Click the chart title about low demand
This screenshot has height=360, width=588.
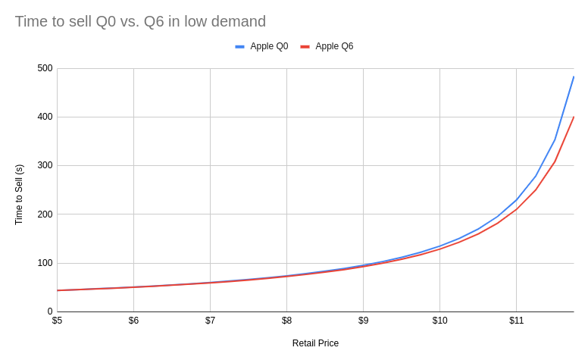140,21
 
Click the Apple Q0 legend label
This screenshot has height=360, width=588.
269,46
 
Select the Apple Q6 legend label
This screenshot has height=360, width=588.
334,46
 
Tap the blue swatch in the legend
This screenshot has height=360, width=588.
239,46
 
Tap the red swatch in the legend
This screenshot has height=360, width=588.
305,46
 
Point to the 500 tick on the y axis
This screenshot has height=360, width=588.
45,68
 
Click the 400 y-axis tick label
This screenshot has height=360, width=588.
45,117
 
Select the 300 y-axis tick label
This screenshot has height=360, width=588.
45,165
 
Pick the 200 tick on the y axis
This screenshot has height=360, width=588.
45,214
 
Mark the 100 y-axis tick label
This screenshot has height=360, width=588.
45,263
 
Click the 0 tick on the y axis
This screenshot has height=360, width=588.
50,311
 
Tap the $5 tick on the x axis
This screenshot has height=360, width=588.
57,321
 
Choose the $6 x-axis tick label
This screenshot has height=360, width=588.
133,321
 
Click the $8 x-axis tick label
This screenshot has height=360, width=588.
286,321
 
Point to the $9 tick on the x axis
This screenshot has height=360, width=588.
363,321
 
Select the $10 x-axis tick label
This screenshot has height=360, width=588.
439,321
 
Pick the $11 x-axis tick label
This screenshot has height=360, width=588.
516,321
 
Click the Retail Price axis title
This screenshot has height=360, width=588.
315,343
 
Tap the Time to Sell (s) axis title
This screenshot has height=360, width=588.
19,194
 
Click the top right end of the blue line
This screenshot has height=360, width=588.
574,77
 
